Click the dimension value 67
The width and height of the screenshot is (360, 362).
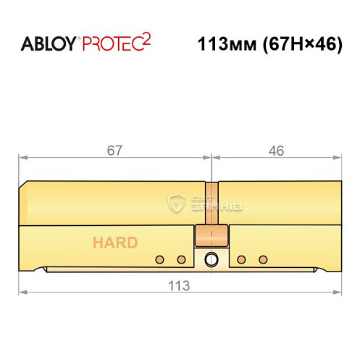tap(114, 150)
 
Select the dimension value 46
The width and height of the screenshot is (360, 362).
tap(275, 150)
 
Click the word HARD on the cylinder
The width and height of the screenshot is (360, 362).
tap(114, 243)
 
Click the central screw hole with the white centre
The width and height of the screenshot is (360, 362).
tap(212, 259)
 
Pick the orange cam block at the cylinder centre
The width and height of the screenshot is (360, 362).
tap(211, 236)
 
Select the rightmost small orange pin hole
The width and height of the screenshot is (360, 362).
tap(263, 259)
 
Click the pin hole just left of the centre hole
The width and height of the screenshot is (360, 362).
tap(181, 259)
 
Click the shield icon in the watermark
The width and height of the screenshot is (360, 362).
tap(177, 203)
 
